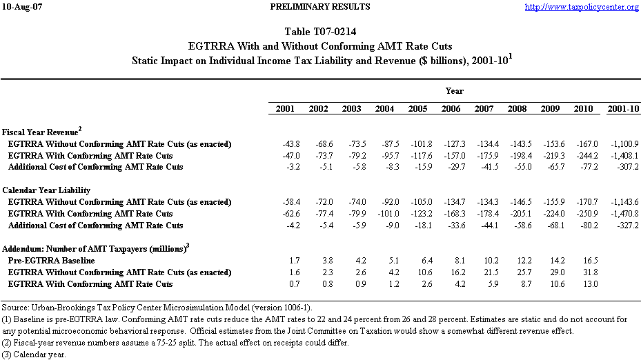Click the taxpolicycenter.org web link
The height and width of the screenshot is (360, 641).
[582, 8]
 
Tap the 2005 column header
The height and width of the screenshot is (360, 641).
[417, 109]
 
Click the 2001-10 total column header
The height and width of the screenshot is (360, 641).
[622, 109]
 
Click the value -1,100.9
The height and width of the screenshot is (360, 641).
[623, 143]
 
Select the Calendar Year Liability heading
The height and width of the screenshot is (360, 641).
[46, 190]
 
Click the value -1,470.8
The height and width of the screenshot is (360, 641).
[623, 214]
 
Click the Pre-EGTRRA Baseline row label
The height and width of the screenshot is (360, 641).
[51, 261]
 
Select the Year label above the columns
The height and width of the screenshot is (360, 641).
[454, 90]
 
